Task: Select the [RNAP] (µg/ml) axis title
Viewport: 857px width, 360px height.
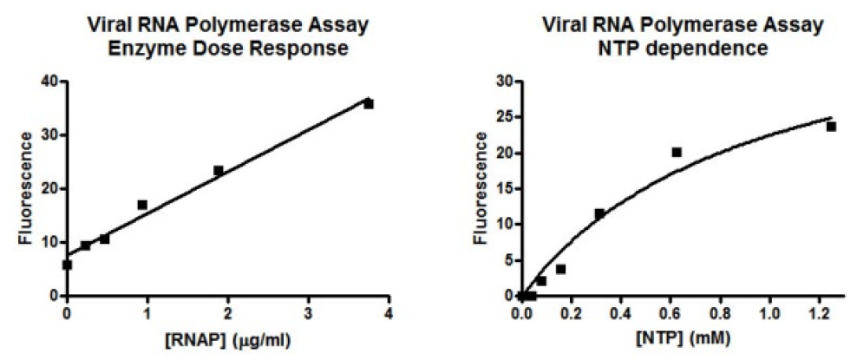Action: tap(227, 339)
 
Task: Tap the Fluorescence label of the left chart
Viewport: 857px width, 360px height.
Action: tap(28, 188)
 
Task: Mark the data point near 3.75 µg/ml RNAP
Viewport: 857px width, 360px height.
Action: tap(369, 103)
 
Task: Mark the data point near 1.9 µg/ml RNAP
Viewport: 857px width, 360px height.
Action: tap(219, 170)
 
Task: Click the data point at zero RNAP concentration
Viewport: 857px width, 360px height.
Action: tap(68, 265)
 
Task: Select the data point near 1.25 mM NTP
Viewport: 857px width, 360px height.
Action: tap(831, 127)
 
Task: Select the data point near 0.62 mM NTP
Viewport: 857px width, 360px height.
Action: tap(677, 152)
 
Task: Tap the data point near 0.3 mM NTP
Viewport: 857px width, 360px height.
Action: tap(599, 213)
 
